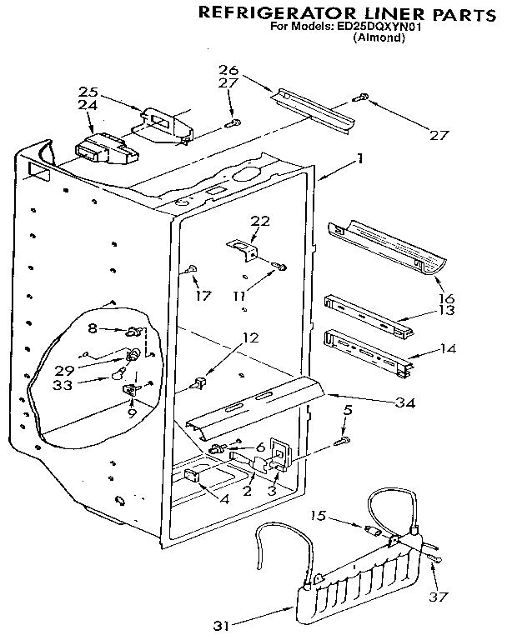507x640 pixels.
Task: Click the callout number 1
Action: [x=359, y=157]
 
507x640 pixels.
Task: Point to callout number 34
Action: [x=404, y=402]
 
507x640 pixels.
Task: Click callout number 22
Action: [x=260, y=220]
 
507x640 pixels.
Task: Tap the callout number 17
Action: [x=203, y=295]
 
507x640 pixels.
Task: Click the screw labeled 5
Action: [x=342, y=438]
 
